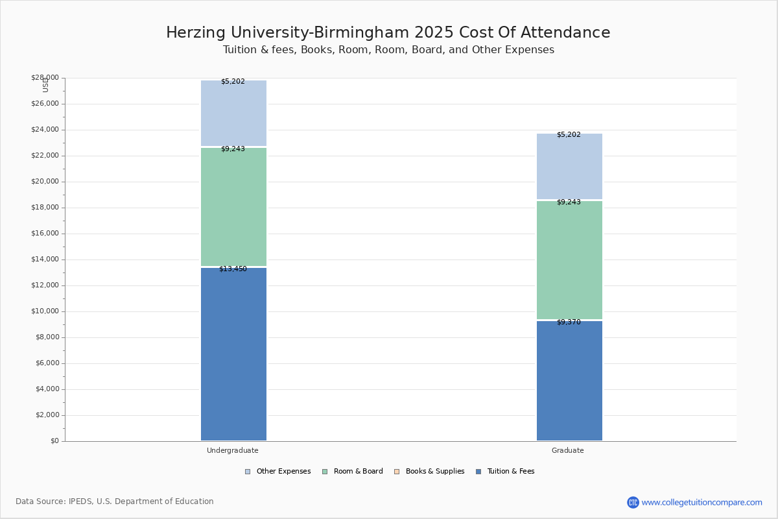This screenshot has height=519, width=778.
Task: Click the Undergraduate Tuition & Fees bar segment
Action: click(233, 354)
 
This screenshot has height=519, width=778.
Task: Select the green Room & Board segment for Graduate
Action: click(569, 259)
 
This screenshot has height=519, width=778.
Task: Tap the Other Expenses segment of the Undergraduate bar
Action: click(233, 114)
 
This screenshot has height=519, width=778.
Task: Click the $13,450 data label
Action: click(233, 269)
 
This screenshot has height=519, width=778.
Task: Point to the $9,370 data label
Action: click(569, 322)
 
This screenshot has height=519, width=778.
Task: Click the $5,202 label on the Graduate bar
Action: click(569, 134)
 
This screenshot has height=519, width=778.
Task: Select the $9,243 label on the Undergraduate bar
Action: click(233, 149)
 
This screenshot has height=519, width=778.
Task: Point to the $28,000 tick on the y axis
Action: click(45, 78)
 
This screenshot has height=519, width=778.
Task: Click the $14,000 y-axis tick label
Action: click(45, 259)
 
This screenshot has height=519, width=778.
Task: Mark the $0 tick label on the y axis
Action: click(54, 441)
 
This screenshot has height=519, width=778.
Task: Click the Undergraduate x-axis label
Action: click(232, 450)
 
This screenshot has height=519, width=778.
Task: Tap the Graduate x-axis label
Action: click(567, 450)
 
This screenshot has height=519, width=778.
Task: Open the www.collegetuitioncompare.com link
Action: click(701, 502)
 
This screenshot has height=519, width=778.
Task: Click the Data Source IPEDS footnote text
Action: click(114, 501)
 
